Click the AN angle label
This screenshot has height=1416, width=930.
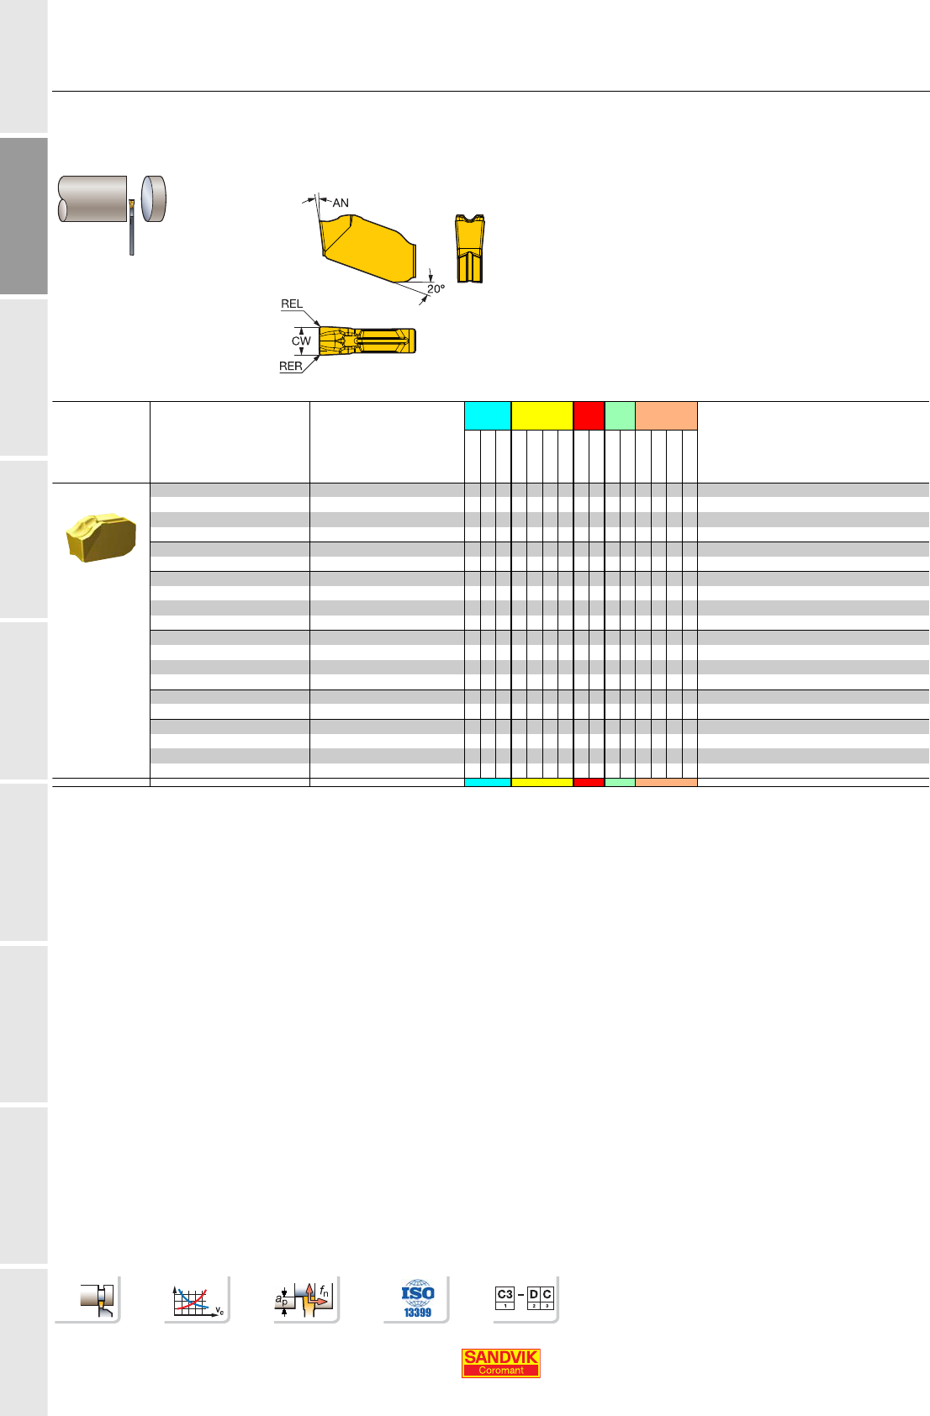(341, 203)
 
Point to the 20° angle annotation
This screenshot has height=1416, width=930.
(436, 289)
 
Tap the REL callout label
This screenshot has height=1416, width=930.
(292, 304)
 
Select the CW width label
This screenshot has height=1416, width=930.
(301, 341)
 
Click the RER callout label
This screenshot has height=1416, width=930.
(290, 366)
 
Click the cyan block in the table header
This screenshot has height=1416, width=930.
(488, 415)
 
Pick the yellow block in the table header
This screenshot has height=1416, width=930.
(542, 415)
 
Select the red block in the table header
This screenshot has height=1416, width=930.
(589, 415)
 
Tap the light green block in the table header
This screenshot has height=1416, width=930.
(621, 415)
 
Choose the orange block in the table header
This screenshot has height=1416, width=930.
(666, 415)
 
